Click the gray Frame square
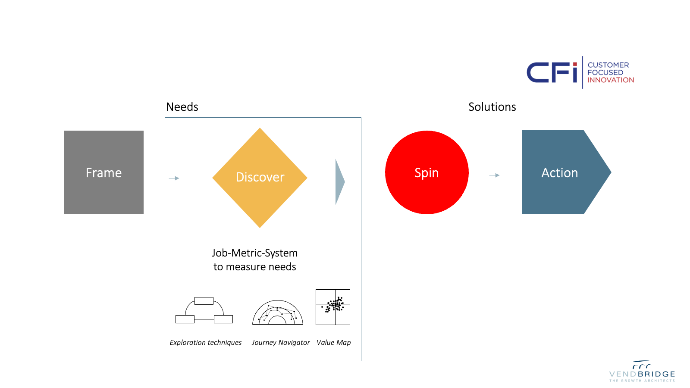coord(104,172)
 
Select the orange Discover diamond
coord(260,178)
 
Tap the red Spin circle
coord(427,172)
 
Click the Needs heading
coord(182,107)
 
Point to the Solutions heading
coord(492,107)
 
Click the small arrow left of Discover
coord(174,178)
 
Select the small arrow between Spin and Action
coord(494,175)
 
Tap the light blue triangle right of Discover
coord(340,181)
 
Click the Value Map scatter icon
coord(332,307)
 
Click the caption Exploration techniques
coord(205,342)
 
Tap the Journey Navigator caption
coord(281,342)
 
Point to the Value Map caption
coord(334,342)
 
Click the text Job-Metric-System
coord(255,253)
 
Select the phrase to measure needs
coord(255,267)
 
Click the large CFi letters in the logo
coord(552,73)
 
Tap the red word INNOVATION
coord(611,80)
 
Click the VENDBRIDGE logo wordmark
coord(642,374)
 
